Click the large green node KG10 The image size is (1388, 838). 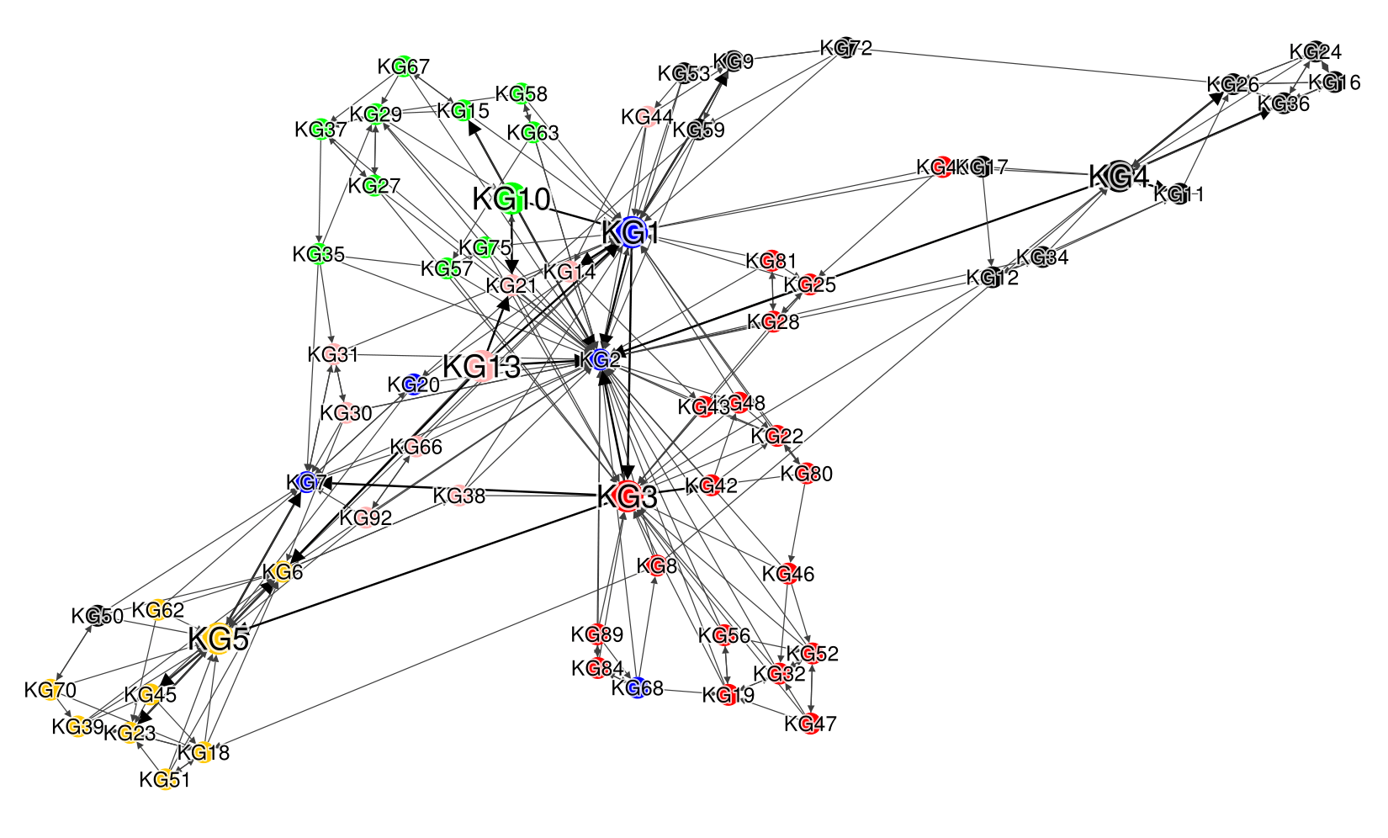[510, 199]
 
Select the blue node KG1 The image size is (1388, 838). [630, 231]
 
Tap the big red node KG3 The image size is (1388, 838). [627, 496]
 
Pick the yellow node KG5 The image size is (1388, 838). [218, 639]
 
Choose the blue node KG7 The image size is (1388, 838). [307, 482]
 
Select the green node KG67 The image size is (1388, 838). [404, 66]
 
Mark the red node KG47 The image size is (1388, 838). [810, 724]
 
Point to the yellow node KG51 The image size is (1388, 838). [165, 780]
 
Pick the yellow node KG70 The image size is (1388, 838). [50, 690]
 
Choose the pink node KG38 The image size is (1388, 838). [459, 496]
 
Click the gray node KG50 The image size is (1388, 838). [98, 616]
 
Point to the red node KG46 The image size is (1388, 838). [789, 574]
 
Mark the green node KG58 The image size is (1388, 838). [522, 93]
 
